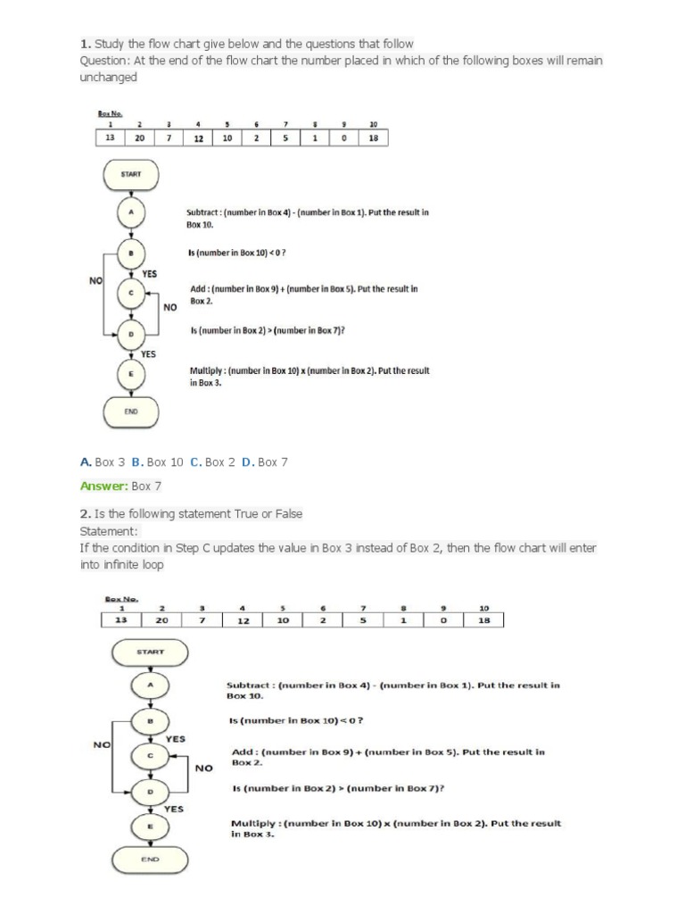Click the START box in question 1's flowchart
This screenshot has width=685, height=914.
pyautogui.click(x=132, y=174)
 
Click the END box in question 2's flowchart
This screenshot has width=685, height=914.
pyautogui.click(x=150, y=859)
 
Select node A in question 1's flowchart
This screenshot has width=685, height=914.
pyautogui.click(x=132, y=213)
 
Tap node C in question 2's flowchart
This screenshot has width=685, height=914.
pyautogui.click(x=150, y=756)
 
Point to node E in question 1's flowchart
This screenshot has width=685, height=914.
pyautogui.click(x=132, y=374)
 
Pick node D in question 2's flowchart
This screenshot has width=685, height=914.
pyautogui.click(x=150, y=792)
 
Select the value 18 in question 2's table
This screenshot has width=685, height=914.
pyautogui.click(x=484, y=620)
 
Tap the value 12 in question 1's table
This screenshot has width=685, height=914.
pyautogui.click(x=198, y=138)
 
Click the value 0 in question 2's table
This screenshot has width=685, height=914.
pyautogui.click(x=443, y=620)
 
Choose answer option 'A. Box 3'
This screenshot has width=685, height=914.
pyautogui.click(x=103, y=461)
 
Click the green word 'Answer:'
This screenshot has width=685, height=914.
pyautogui.click(x=103, y=486)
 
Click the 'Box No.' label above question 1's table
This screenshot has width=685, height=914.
pyautogui.click(x=110, y=113)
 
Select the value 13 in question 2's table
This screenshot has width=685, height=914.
pyautogui.click(x=121, y=620)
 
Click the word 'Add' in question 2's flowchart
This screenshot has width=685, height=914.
pyautogui.click(x=243, y=752)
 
